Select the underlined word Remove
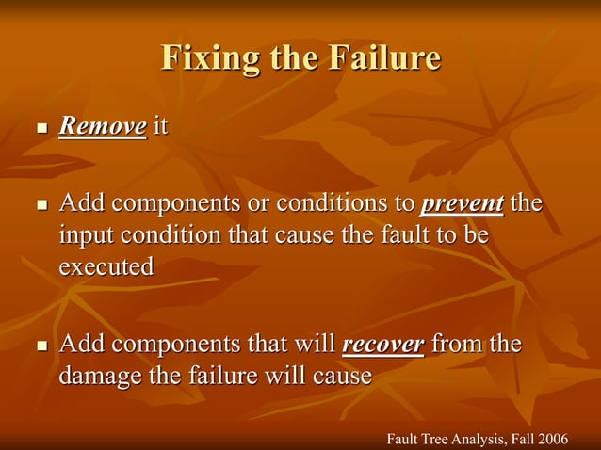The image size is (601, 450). point(103,126)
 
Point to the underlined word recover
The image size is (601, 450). point(382,345)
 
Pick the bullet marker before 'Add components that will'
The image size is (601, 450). point(40,346)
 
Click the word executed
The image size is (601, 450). point(106,266)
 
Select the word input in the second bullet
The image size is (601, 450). point(87,235)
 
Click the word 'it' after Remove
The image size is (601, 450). point(160,126)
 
